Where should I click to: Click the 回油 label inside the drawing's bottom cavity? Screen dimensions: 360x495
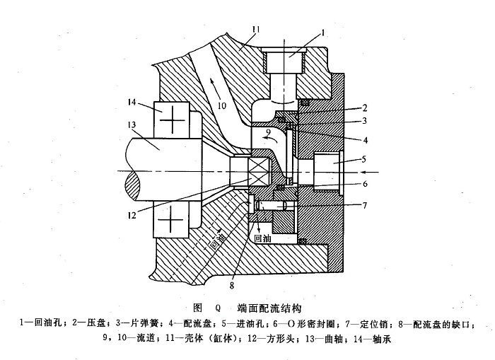(262, 240)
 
